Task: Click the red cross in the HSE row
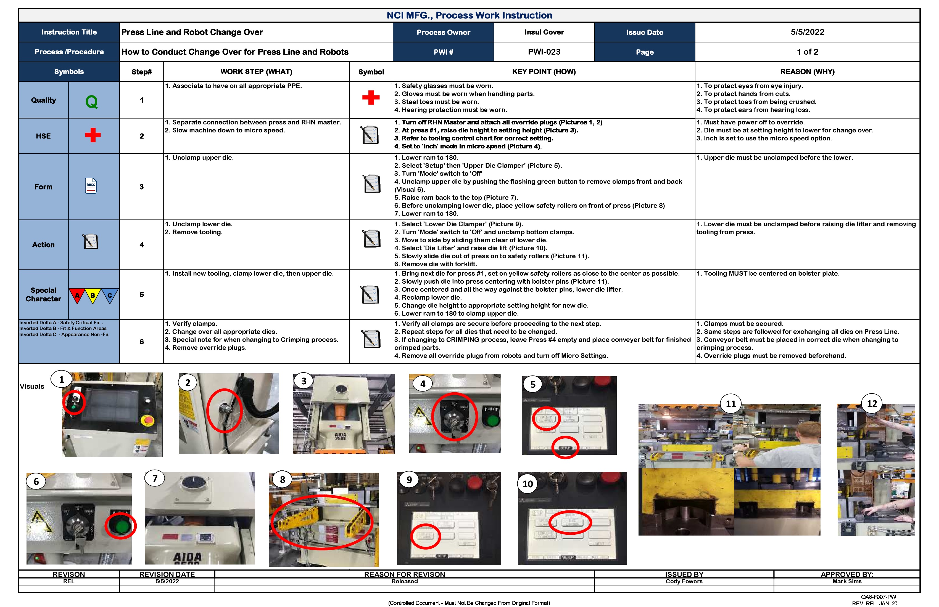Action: click(x=93, y=135)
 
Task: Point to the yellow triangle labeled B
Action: click(x=93, y=295)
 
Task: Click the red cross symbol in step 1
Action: click(x=371, y=97)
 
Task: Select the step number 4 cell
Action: click(x=142, y=245)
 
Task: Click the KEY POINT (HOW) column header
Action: click(x=544, y=72)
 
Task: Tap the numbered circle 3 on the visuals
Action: click(x=304, y=381)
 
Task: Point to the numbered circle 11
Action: click(x=731, y=404)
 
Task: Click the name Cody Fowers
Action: click(x=684, y=581)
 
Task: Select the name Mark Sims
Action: click(x=847, y=581)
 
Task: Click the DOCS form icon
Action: click(x=91, y=186)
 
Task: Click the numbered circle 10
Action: click(x=527, y=484)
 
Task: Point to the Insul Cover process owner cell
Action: click(x=544, y=32)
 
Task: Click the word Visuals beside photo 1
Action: click(x=32, y=386)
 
